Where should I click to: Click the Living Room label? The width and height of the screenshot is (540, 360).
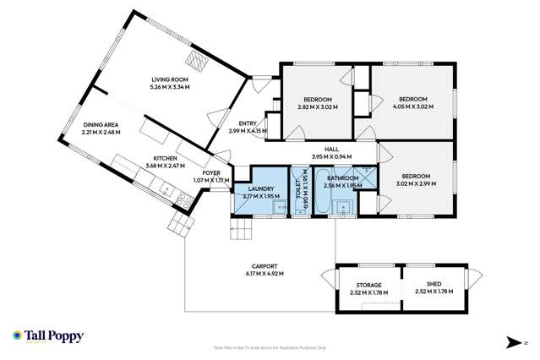(169, 79)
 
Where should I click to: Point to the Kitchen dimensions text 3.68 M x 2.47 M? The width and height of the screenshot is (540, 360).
(164, 166)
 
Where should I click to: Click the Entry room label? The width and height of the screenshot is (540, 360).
(248, 123)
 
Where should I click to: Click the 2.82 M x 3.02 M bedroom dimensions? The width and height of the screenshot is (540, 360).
(317, 107)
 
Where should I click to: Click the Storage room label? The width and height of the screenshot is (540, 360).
(367, 285)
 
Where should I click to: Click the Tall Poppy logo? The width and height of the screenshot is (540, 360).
(48, 335)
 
